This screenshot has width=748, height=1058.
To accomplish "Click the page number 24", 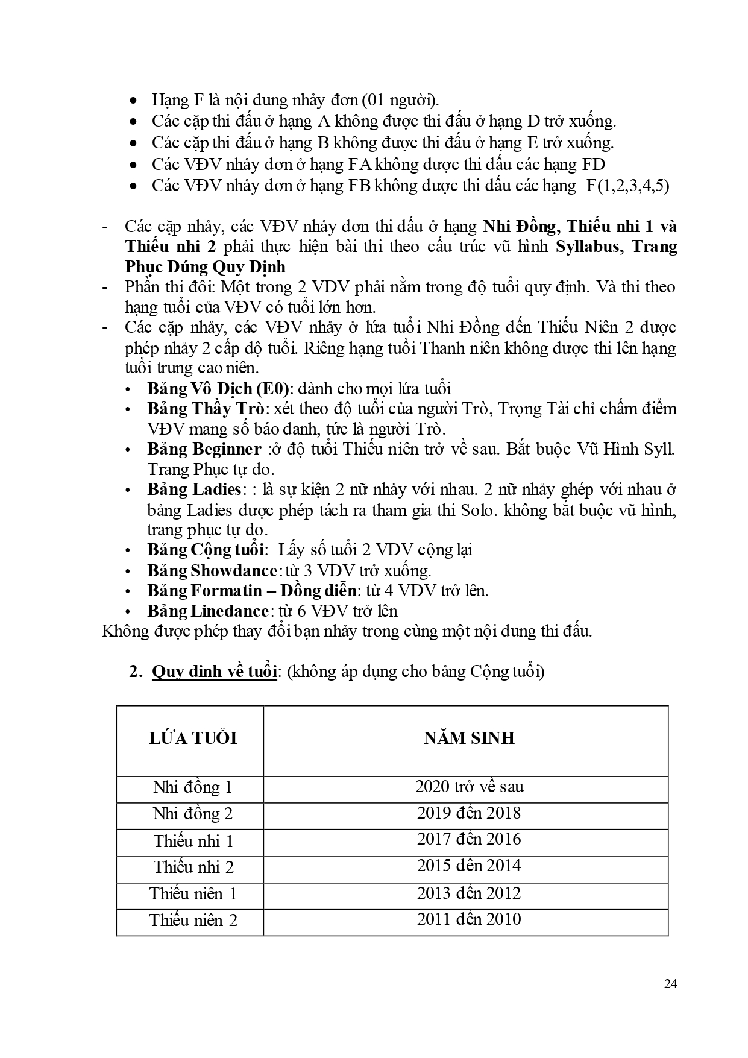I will point(670,984).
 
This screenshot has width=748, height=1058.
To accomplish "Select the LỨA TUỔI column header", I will point(193,738).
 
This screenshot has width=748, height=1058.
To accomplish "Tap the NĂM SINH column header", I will point(468,738).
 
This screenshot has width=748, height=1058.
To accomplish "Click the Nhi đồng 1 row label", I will point(192,787).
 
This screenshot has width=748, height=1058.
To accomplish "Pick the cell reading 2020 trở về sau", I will point(469,786).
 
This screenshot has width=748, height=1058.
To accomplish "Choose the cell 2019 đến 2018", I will point(468,813).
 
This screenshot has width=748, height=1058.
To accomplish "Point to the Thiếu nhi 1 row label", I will point(193,841).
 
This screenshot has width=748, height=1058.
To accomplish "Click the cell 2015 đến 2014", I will point(468,866).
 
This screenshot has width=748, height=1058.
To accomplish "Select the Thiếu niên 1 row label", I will point(193,893).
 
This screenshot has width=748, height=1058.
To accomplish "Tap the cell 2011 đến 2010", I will point(468,919).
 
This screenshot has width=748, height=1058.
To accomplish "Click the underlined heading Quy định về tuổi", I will point(214,672).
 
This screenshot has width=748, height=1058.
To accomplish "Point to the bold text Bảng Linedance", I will point(207,611).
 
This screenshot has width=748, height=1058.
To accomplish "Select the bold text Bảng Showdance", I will point(212,570).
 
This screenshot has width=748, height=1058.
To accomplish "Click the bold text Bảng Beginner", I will point(204,449).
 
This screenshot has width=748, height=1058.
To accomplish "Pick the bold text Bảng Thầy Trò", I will point(206,409).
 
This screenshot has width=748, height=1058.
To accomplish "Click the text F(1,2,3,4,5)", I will point(627,186).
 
